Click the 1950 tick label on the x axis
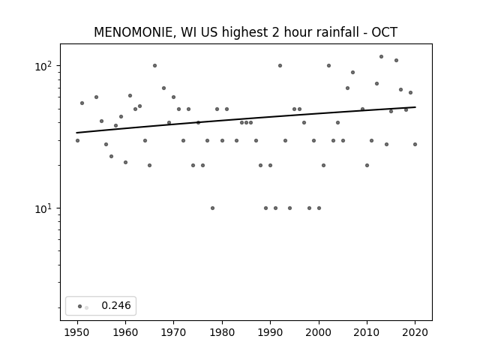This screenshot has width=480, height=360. [77, 332]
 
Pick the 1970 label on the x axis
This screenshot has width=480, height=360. [173, 332]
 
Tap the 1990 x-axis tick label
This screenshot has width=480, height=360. [270, 332]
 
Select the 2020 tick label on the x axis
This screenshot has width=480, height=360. [415, 332]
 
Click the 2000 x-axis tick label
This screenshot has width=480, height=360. [319, 332]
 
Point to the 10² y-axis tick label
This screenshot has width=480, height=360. [43, 66]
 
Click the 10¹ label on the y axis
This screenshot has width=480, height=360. [43, 208]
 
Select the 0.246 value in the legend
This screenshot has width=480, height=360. [116, 305]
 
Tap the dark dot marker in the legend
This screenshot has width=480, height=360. [80, 306]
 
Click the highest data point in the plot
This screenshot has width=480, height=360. [381, 57]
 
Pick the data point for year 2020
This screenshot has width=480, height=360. [415, 144]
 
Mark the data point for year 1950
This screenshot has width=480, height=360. [77, 140]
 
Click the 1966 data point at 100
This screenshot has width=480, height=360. [155, 65]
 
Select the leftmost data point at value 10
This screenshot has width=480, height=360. [212, 208]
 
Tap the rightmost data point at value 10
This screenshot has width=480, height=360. [319, 208]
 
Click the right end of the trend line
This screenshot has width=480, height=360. [415, 107]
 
